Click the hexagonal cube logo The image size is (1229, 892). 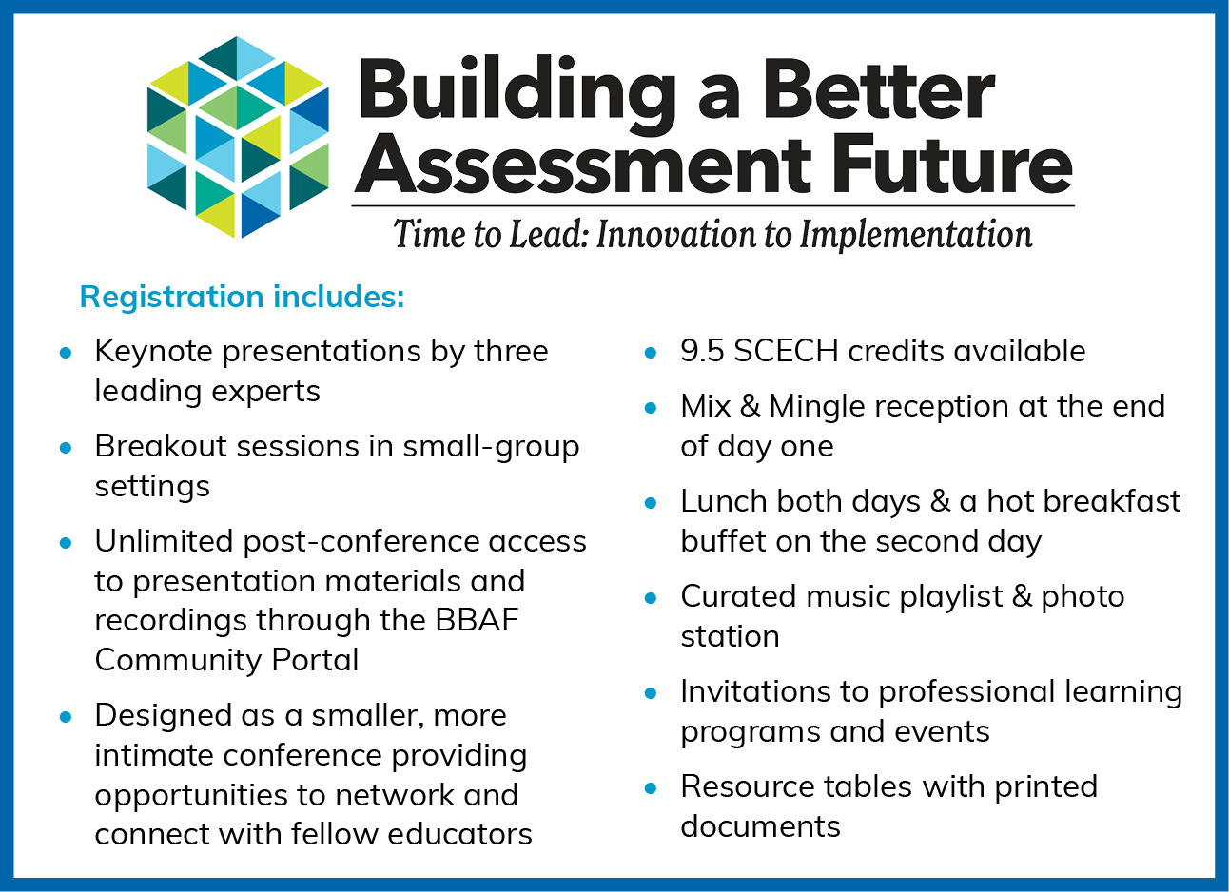pos(238,137)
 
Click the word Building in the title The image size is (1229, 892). pos(517,93)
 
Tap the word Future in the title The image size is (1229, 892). pos(953,165)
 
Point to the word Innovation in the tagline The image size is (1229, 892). pos(677,234)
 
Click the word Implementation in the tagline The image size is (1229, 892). pos(916,235)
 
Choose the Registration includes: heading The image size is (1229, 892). pos(242,297)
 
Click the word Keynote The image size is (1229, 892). pos(154,352)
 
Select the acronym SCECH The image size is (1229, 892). pos(787,351)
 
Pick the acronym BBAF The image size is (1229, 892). pos(477,620)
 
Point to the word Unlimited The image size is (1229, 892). pos(164,541)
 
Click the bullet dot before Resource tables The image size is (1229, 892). pos(651,789)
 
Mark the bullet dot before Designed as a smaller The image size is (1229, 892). pos(66,717)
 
